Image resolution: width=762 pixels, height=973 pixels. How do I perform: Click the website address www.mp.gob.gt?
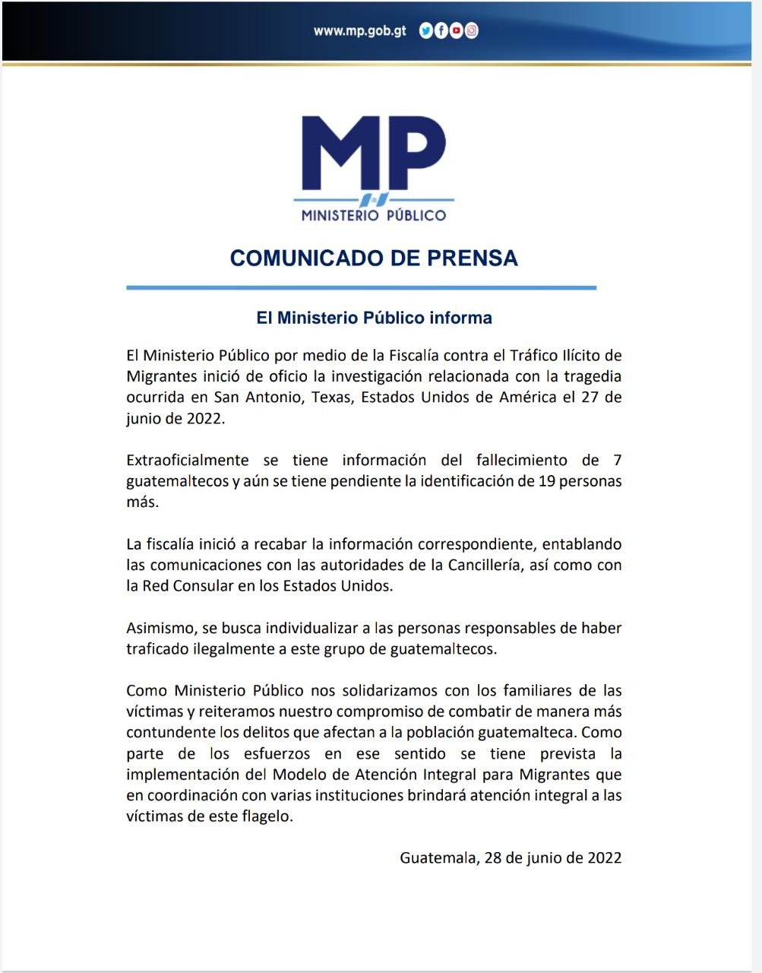(359, 31)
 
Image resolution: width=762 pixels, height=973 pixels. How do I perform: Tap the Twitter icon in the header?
(425, 31)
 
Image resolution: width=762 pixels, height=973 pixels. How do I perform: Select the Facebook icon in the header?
(441, 31)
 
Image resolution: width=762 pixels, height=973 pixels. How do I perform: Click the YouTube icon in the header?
(456, 31)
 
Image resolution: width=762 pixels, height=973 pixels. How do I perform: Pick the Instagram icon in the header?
(472, 31)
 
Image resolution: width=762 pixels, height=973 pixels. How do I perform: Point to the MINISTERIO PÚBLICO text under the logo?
(374, 216)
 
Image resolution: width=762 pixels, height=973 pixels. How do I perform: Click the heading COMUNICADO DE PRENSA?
(374, 258)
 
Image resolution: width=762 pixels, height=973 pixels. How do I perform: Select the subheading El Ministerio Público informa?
(374, 318)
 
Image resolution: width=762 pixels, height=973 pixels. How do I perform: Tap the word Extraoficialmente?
(188, 460)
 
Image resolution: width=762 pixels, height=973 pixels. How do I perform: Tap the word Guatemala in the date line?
(438, 858)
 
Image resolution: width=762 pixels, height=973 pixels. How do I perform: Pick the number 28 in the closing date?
(492, 858)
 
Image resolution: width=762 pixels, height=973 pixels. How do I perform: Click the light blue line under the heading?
(361, 288)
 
